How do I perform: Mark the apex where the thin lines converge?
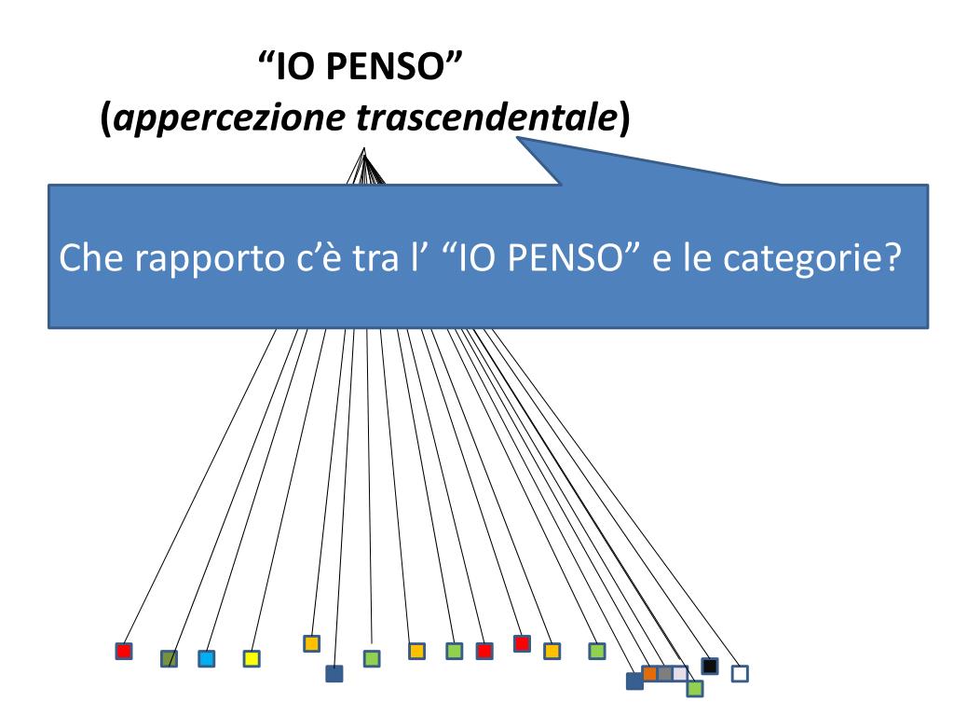(363, 150)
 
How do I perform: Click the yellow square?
(251, 658)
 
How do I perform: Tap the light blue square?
(207, 658)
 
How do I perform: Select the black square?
(709, 666)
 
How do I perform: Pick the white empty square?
(740, 672)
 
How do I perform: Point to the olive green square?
(169, 658)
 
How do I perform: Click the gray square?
(664, 673)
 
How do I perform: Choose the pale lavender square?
(679, 673)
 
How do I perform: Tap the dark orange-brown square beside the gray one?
(650, 673)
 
